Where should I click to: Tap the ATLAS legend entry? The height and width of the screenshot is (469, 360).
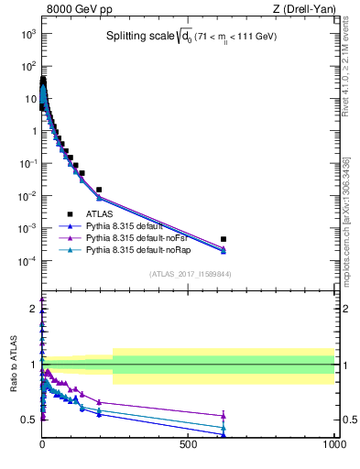(99, 213)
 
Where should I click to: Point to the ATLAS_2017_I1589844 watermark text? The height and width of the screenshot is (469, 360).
(190, 273)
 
